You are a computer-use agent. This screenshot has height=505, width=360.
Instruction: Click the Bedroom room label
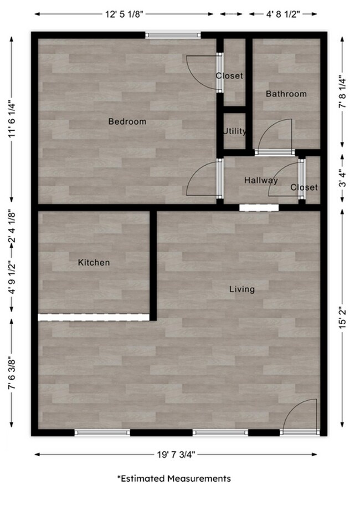pos(127,121)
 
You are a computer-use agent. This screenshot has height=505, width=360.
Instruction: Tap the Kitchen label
pos(94,262)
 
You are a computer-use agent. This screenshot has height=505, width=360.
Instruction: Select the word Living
pos(242,289)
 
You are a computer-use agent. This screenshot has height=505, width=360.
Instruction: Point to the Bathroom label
pos(286,94)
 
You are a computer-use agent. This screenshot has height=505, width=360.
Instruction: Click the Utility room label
pos(235,131)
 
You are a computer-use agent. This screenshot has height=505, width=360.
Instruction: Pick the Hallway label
pos(261,180)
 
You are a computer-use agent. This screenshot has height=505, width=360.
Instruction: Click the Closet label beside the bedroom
pos(229,75)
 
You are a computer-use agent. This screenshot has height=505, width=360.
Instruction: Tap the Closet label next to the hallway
pos(304,187)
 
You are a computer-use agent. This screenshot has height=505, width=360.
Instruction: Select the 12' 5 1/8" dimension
pos(125,14)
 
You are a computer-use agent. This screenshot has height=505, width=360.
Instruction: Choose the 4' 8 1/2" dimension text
pos(283,14)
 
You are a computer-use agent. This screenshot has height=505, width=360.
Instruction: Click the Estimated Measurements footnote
pos(173,478)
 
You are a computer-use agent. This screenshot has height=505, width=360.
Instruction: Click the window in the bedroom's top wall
pos(173,35)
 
